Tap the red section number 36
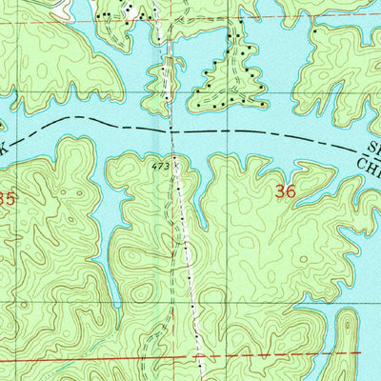[x=284, y=190]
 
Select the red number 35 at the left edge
[x=7, y=199]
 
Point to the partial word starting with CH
[x=368, y=165]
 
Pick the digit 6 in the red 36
[x=290, y=190]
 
